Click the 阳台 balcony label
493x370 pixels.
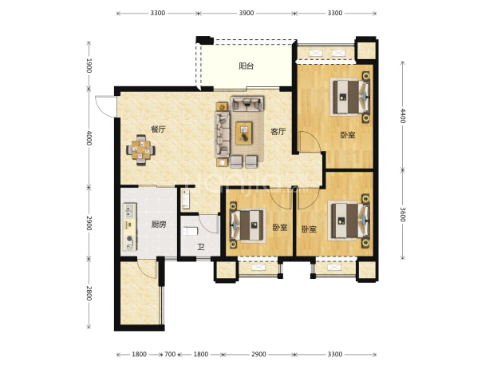point(246,66)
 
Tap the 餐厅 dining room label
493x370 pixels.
point(158,129)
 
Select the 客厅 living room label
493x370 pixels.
point(278,131)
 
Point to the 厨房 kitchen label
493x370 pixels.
point(159,225)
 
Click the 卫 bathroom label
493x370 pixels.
point(201,247)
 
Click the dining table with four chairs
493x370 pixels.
point(140,150)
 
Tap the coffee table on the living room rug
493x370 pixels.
point(244,133)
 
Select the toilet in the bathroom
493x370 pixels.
point(190,231)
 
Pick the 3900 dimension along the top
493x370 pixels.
point(246,13)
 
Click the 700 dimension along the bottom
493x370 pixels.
point(170,354)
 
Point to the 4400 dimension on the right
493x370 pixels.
point(403,116)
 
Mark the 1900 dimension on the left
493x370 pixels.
point(89,66)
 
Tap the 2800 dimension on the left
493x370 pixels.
point(89,293)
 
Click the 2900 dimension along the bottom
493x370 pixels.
point(258,354)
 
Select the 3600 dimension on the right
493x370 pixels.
point(403,214)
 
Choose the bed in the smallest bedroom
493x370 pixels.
point(248,225)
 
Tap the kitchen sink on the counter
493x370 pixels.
point(129,211)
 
